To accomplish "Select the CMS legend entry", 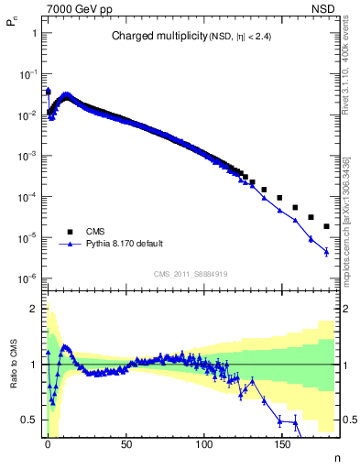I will (x=95, y=232).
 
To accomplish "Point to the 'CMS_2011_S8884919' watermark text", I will (x=191, y=273).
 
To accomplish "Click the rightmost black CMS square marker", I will (x=327, y=225).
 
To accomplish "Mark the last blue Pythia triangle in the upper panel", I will (x=327, y=252).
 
